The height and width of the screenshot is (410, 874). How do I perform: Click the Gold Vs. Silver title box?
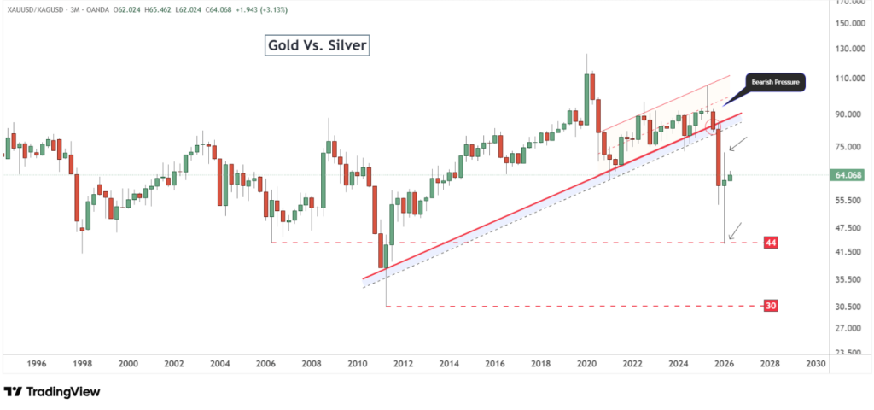316,45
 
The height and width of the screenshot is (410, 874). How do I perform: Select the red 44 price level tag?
770,243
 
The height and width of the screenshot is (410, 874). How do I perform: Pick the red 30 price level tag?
770,305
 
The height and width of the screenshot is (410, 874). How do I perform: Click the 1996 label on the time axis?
36,363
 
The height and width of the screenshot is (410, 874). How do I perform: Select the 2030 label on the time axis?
815,363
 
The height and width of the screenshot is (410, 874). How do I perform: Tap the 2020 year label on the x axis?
586,363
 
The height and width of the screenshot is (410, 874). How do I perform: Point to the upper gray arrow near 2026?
738,143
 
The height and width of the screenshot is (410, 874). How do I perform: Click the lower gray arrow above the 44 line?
733,230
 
